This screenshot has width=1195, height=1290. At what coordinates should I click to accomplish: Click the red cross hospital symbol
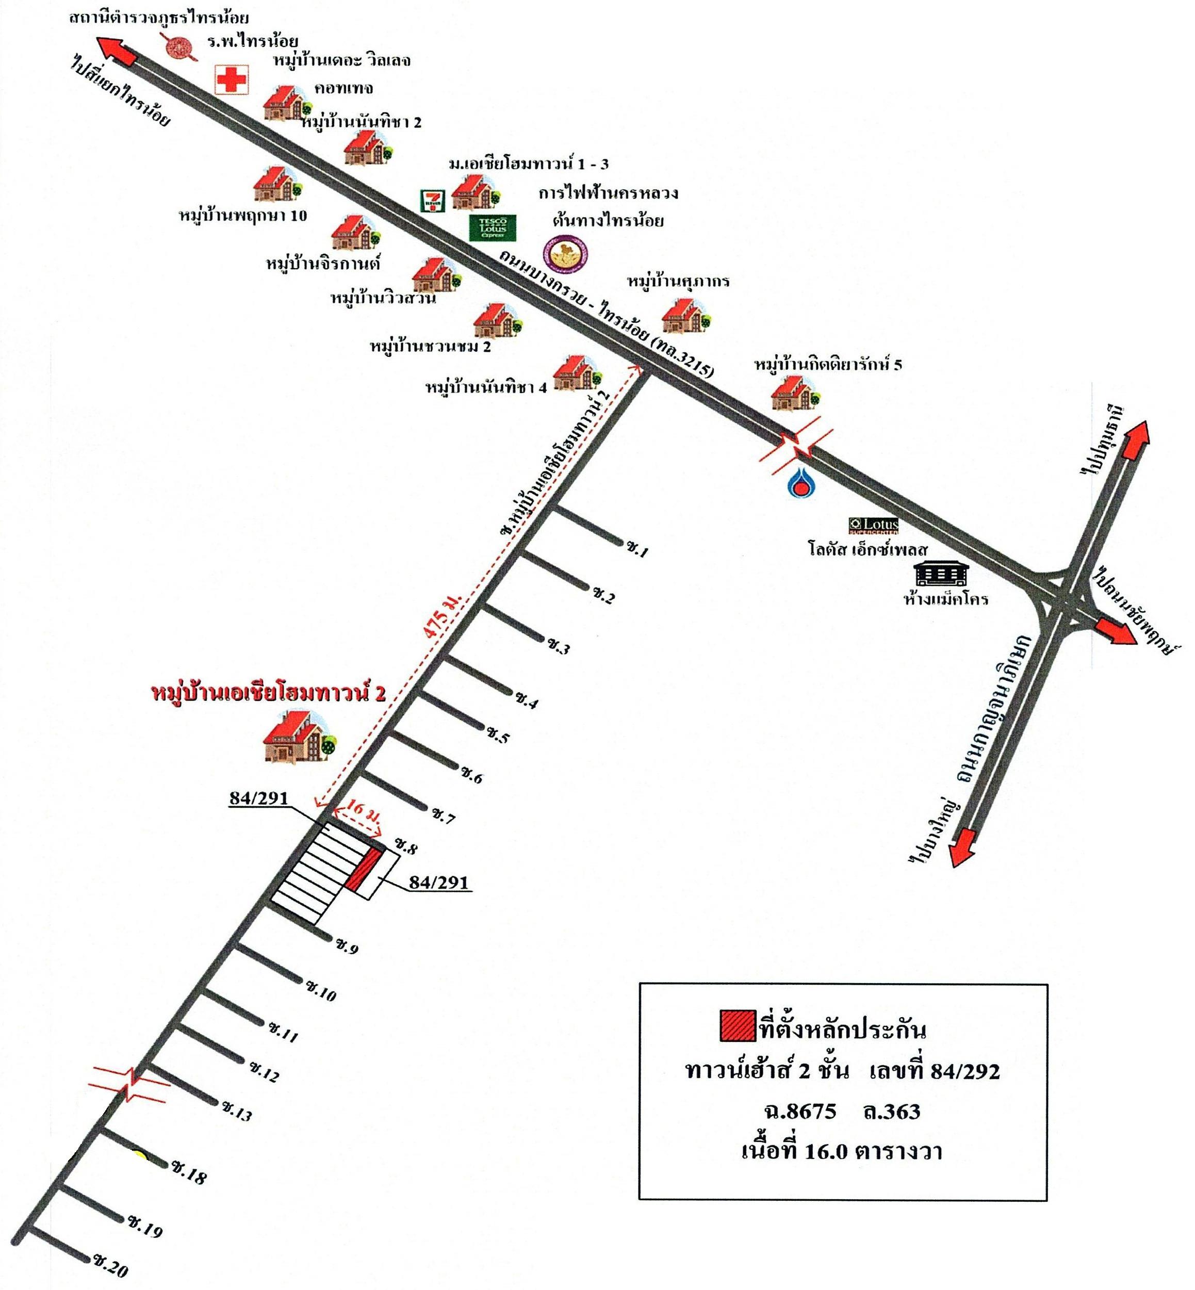[231, 79]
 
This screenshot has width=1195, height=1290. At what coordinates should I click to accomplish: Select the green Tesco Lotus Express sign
[493, 227]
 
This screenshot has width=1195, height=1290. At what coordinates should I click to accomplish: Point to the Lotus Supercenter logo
[873, 526]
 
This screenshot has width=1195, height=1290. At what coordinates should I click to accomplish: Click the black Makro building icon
[942, 574]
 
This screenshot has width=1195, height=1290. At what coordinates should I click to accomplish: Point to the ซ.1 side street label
[637, 550]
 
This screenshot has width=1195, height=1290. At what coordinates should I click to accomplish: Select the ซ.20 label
[110, 1267]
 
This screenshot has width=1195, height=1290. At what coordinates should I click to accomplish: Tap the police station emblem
[178, 48]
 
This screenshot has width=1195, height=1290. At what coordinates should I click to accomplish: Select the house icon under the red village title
[301, 737]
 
